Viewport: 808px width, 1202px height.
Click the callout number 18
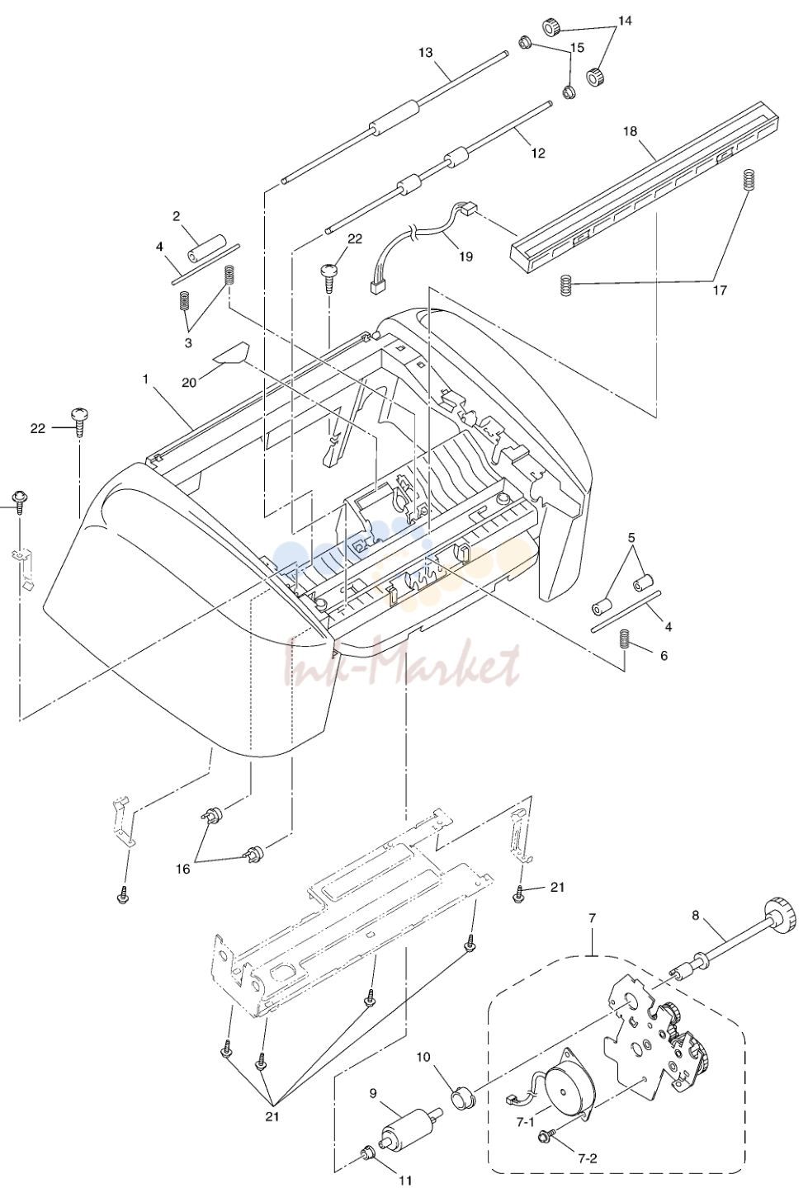(631, 131)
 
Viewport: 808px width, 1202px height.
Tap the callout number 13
(426, 53)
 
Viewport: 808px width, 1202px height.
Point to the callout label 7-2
(588, 1158)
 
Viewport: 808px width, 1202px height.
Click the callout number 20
(189, 382)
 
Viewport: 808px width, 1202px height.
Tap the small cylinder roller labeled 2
(206, 248)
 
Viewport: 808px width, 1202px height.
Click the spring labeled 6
(624, 639)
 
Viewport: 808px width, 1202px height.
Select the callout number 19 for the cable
(466, 257)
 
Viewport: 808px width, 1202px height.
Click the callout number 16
(183, 869)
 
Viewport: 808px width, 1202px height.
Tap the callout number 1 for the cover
(145, 379)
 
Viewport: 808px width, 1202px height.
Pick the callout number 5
(631, 537)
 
